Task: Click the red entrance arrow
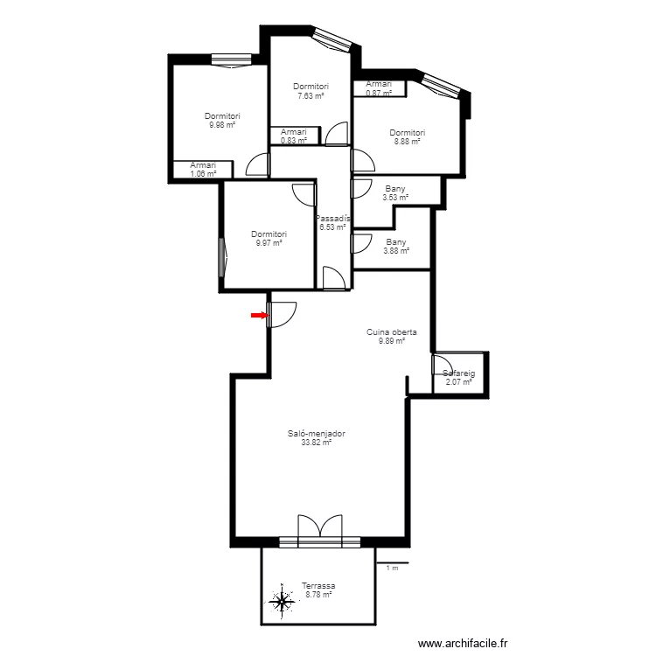click(x=259, y=315)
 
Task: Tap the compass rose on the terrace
click(x=282, y=602)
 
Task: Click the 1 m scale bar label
click(x=392, y=569)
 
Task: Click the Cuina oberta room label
click(x=391, y=332)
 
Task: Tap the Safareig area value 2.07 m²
click(x=458, y=382)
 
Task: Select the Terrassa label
click(x=318, y=586)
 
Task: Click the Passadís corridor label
click(x=333, y=219)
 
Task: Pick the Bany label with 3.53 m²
click(x=395, y=188)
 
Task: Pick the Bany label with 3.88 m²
click(x=395, y=242)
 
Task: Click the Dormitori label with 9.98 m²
click(x=222, y=116)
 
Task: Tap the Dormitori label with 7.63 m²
click(x=311, y=87)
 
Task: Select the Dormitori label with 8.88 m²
click(x=407, y=133)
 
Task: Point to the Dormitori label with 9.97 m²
click(x=269, y=234)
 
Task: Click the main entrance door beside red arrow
click(x=283, y=313)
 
